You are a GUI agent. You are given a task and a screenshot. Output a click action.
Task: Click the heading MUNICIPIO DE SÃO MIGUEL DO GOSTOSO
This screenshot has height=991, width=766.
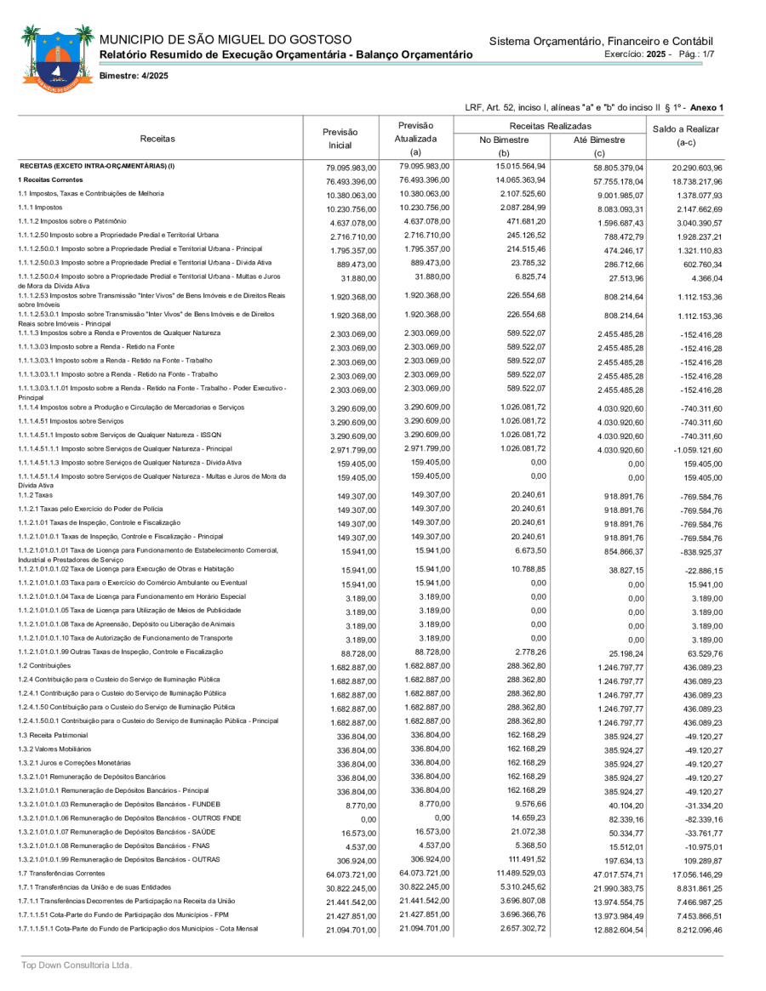(226, 40)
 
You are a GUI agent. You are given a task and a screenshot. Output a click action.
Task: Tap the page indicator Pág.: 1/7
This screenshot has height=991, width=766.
(697, 54)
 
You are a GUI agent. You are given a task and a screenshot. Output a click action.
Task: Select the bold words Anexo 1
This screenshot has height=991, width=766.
(706, 107)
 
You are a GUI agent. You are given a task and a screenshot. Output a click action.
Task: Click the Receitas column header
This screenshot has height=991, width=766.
(157, 138)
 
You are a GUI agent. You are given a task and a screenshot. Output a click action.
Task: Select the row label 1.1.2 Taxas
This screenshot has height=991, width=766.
(37, 494)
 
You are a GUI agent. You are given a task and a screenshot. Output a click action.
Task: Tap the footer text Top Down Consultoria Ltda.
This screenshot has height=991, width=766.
(77, 965)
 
